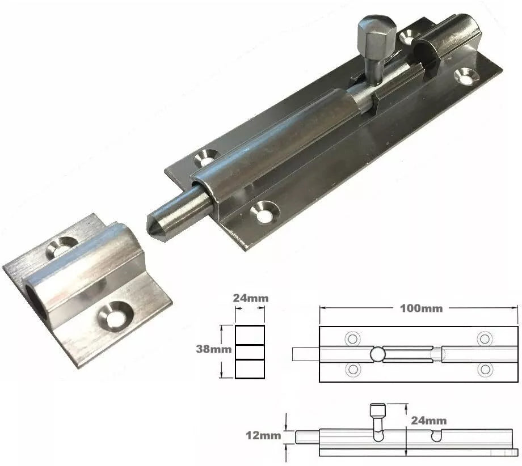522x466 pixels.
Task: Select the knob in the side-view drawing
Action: (376, 410)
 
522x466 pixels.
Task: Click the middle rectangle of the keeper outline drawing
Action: (250, 352)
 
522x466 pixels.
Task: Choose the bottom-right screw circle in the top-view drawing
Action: (484, 370)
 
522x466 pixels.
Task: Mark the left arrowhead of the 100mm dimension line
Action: (323, 308)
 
